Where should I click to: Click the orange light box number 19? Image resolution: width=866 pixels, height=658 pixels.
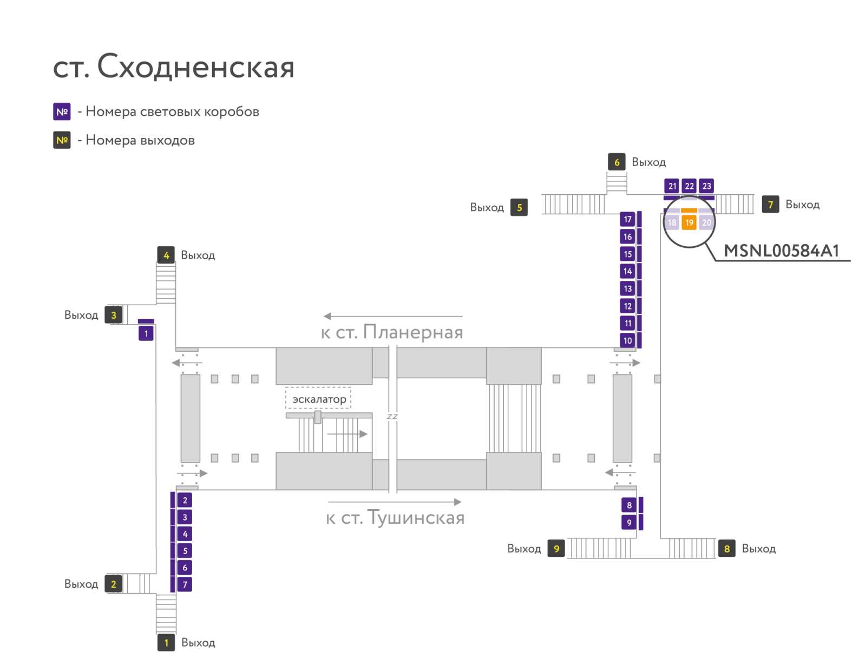click(689, 222)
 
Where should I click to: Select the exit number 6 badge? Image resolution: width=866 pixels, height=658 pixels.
click(616, 162)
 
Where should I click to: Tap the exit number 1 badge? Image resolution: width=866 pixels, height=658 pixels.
click(166, 643)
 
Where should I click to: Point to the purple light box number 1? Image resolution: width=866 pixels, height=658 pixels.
click(146, 333)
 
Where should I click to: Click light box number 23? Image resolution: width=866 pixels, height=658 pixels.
click(706, 186)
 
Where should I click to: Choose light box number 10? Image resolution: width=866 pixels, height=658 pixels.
click(627, 340)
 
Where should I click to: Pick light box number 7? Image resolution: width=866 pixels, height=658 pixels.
click(185, 584)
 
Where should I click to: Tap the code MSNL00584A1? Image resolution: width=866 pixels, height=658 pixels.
click(782, 251)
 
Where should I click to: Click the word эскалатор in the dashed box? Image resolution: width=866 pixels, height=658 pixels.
click(319, 399)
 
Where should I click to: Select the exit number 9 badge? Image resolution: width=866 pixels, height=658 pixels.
click(556, 548)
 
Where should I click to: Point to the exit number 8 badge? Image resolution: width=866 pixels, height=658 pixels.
click(727, 548)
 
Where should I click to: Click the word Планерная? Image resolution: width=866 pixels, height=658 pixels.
click(412, 332)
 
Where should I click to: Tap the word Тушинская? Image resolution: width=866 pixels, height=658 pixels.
click(416, 518)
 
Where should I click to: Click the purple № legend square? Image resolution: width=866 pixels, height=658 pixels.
click(62, 111)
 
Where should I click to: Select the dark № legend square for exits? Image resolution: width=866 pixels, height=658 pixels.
click(62, 140)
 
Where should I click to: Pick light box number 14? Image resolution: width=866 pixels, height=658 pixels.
click(627, 271)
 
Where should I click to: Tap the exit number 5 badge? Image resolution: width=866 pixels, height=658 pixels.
click(519, 207)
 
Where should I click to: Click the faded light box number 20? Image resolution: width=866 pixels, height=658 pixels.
click(706, 222)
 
